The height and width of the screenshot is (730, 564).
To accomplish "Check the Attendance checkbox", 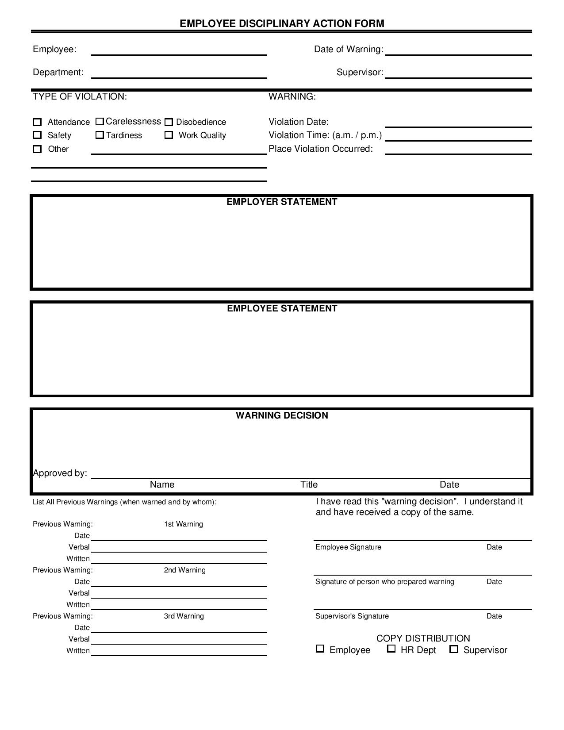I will coord(38,122).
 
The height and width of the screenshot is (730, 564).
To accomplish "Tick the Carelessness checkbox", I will coord(100,122).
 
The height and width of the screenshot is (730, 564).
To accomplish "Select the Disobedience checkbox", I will coord(169,122).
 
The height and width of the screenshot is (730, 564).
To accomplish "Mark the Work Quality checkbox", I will coord(169,135).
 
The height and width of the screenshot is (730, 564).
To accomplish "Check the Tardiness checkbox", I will coord(100,135).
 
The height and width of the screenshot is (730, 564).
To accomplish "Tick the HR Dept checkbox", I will coord(391,649).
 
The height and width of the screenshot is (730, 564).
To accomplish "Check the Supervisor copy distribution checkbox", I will coord(453,649).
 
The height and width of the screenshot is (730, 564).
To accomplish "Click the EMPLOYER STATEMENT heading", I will coord(282,202).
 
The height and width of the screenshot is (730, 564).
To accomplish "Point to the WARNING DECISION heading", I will coord(282,415).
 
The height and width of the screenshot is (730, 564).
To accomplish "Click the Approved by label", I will coord(60,473).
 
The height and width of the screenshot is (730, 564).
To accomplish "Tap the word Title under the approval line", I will coord(309,484).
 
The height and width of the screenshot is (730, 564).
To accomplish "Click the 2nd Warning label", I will coord(184,570).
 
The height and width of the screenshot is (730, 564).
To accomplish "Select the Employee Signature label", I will coord(348,547).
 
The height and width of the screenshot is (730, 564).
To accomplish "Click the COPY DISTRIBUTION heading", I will coord(423,638).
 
